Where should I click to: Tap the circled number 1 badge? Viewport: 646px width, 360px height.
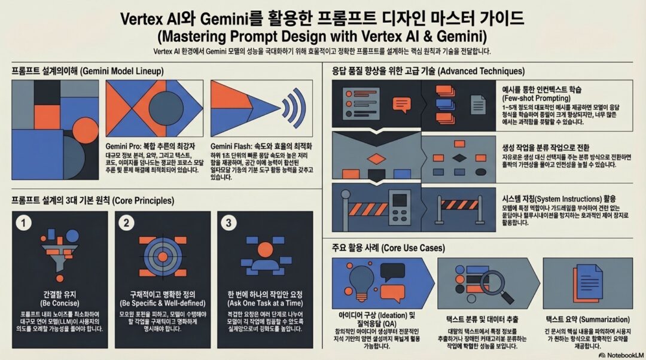(23, 223)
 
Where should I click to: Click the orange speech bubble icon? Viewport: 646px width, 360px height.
(402, 104)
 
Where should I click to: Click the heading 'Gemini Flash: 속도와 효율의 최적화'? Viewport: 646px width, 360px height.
(261, 146)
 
